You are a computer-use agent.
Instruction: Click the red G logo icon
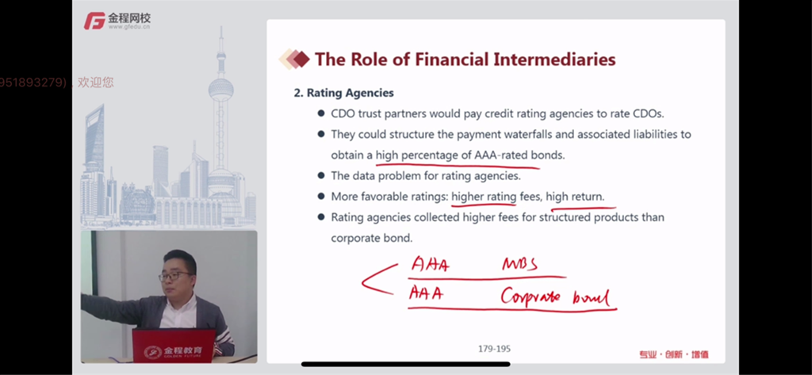point(95,21)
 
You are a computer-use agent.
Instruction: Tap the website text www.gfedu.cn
point(129,27)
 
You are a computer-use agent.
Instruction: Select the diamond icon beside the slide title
point(294,59)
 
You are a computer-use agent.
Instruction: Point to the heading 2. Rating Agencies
point(344,93)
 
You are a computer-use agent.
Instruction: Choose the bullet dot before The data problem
point(321,175)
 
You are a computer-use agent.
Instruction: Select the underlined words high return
point(575,197)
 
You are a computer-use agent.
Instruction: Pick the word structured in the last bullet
point(565,217)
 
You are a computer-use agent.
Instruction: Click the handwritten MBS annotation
point(519,265)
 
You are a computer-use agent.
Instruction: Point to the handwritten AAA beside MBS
point(431,264)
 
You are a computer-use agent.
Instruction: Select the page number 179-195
point(494,349)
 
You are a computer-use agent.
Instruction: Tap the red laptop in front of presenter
point(173,346)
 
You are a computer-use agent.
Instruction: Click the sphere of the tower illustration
point(221,90)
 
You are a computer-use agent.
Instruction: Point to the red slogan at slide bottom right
point(673,355)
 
